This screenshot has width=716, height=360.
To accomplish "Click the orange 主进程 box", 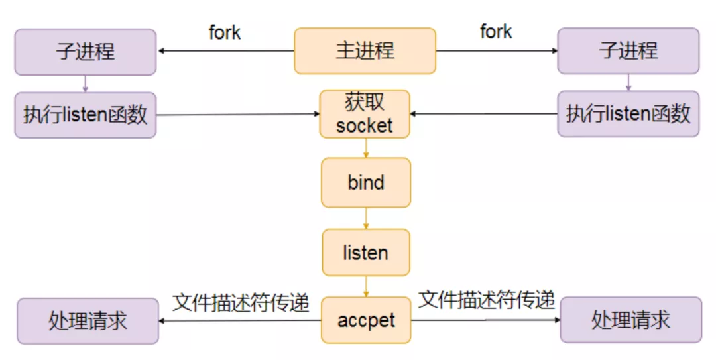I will tap(365, 50).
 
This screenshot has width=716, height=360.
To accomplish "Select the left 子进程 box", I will tap(86, 51).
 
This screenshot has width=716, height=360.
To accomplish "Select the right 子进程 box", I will tap(628, 50).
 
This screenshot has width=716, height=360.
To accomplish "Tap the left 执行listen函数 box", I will tap(86, 115).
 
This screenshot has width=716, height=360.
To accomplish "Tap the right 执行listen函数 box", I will tap(628, 114).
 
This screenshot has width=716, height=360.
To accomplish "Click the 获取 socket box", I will tap(365, 114).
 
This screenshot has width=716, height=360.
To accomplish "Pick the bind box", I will tap(365, 182).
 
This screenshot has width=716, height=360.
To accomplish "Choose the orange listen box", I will tap(365, 253).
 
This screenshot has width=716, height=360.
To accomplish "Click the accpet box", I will tap(366, 320).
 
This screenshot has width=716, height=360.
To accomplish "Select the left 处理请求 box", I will tap(88, 321).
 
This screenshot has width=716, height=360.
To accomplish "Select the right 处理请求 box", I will tap(630, 320).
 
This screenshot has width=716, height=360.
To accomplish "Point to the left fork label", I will tap(225, 32).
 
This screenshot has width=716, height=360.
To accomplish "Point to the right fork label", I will tap(496, 31).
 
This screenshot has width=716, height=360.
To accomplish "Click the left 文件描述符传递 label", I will tap(241, 302).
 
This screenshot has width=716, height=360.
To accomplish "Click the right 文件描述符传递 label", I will tap(487, 300).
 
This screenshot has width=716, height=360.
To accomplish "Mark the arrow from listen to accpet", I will tap(365, 286).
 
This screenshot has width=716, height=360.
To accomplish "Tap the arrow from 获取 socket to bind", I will tap(365, 148).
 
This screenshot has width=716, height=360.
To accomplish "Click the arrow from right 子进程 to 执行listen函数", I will tap(628, 82).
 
